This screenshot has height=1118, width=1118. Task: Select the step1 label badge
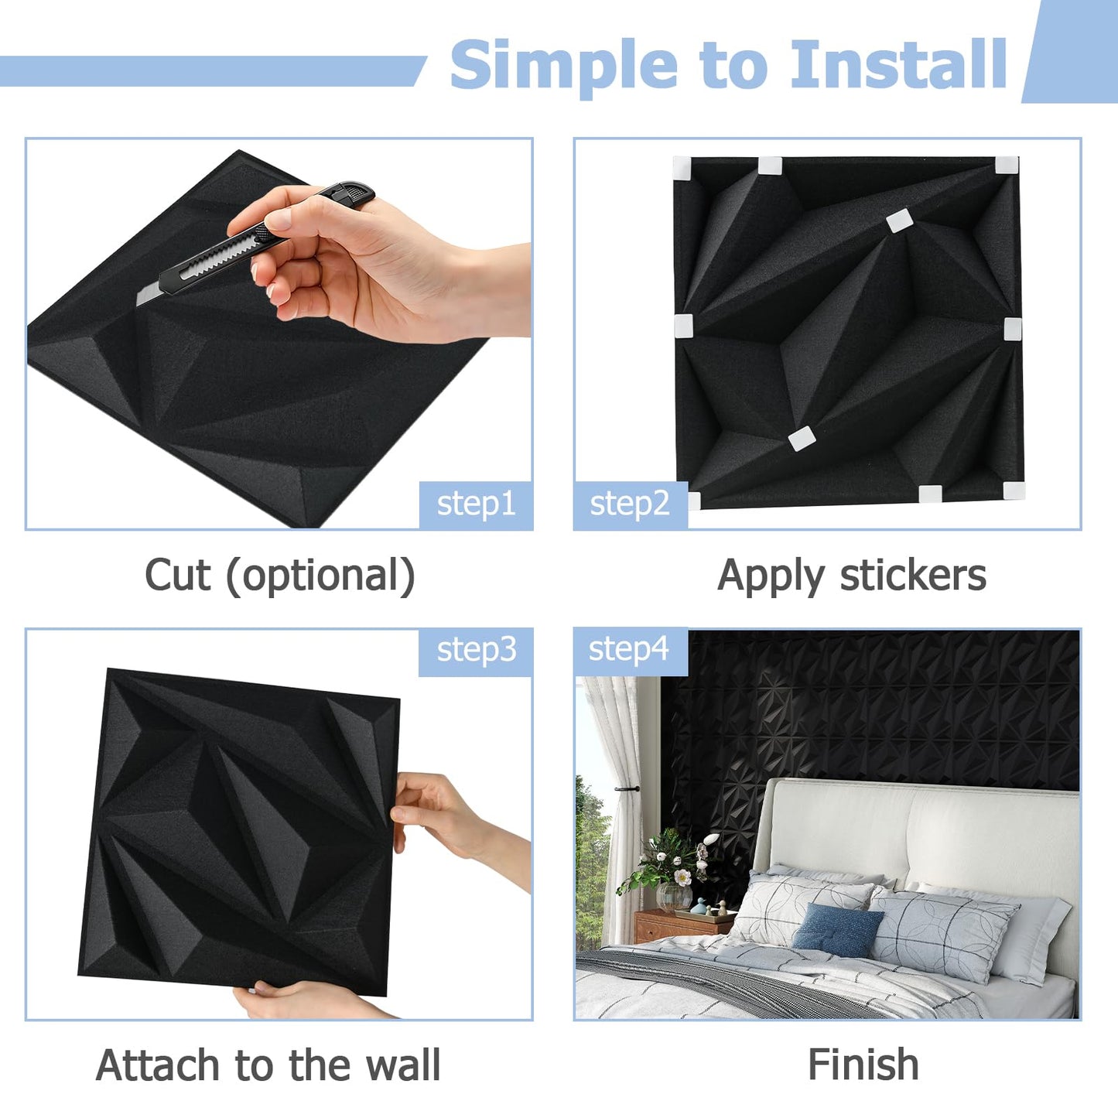tap(476, 504)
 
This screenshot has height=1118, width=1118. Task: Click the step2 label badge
tap(630, 504)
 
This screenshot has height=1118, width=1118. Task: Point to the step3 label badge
tap(476, 651)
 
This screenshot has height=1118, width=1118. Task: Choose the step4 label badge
tap(629, 650)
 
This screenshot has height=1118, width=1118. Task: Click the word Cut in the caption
tap(177, 576)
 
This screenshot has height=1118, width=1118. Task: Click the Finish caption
tap(863, 1065)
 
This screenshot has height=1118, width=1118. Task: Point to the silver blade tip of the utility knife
tap(147, 296)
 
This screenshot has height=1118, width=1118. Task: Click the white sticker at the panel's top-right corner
tap(1007, 165)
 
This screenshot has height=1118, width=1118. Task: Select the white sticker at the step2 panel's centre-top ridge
tap(899, 221)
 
